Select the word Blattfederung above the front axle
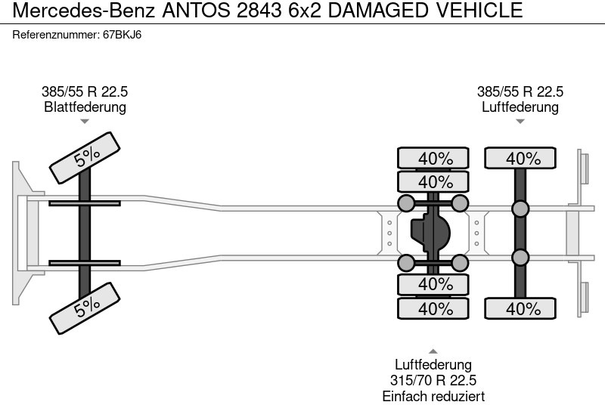(85, 107)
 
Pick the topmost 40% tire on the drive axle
(435, 159)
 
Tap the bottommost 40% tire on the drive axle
(435, 308)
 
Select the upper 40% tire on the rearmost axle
(521, 159)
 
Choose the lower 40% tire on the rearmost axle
(521, 308)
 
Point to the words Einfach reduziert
(433, 396)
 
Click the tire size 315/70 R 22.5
(433, 381)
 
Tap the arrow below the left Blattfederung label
(85, 121)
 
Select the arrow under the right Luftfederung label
(520, 121)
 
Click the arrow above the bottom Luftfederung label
(433, 351)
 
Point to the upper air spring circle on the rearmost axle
(520, 209)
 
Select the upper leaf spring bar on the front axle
(85, 203)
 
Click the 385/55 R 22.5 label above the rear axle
(520, 92)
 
